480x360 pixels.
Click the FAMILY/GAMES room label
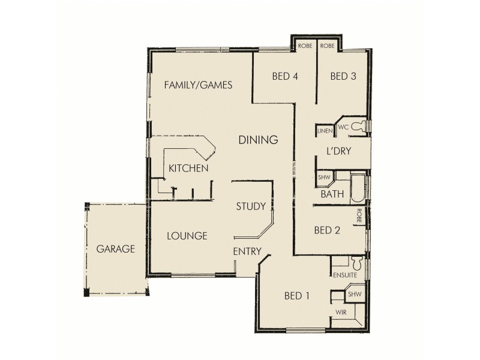click(198, 85)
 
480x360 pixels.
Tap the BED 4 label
click(285, 76)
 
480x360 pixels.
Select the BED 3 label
click(343, 76)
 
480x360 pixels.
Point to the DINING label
click(258, 140)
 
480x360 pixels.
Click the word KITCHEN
click(188, 168)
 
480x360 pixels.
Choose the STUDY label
click(251, 206)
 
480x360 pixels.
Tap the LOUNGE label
click(187, 236)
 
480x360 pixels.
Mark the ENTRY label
click(247, 251)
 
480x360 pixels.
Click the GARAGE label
click(116, 249)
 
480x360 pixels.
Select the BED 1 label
click(297, 295)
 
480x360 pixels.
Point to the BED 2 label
click(328, 230)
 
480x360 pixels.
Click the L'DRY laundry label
click(338, 152)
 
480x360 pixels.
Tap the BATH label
click(332, 194)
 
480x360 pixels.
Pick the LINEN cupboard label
click(325, 130)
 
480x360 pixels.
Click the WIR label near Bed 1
click(341, 313)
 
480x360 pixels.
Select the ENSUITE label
click(344, 275)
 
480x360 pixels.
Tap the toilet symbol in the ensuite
click(356, 262)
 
